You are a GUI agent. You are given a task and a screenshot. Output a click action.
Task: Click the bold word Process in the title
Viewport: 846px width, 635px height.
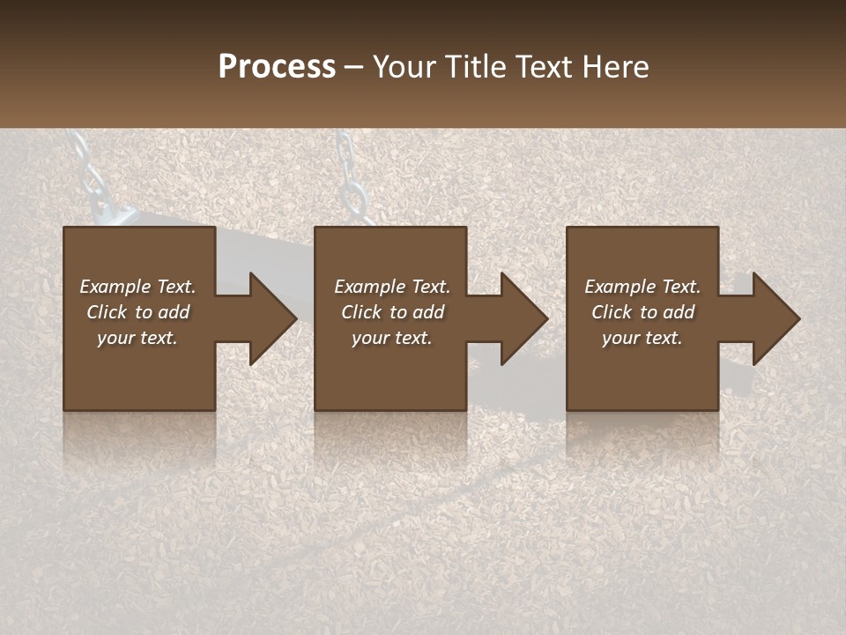277,66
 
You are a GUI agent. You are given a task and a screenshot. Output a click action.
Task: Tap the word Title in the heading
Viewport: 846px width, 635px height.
478,66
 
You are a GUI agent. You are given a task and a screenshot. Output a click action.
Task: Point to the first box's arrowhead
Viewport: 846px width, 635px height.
269,318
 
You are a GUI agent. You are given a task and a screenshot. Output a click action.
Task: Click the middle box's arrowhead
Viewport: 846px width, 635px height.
520,318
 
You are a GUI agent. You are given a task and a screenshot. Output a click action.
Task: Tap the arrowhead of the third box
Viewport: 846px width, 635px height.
772,318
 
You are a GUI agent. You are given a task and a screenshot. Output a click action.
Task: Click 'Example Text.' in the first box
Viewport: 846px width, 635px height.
137,287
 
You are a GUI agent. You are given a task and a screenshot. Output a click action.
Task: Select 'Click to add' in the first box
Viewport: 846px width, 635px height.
137,312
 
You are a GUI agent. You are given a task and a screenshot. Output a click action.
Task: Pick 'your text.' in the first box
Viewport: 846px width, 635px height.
137,338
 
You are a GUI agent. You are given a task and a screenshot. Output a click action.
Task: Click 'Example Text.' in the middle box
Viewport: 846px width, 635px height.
392,287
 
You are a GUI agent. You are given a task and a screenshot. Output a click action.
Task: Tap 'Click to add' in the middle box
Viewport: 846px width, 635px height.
392,312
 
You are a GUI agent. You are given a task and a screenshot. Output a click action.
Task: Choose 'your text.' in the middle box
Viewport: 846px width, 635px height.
392,338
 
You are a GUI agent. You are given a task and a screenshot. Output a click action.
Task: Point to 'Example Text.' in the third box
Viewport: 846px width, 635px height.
642,287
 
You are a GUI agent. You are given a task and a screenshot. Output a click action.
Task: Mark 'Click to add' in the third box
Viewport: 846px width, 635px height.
642,312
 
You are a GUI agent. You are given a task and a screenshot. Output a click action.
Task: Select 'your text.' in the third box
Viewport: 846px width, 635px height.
642,338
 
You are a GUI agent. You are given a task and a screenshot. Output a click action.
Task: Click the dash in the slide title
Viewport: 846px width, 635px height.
353,67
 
